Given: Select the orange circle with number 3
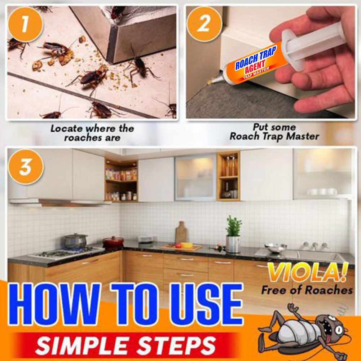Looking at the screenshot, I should point(25,167).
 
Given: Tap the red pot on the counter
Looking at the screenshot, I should point(113,242).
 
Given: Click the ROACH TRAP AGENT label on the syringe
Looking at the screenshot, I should point(256,63).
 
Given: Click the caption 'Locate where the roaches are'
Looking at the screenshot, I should point(92,133).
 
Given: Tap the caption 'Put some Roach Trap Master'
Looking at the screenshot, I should point(274,132).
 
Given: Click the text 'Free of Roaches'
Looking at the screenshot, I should point(307,290).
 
